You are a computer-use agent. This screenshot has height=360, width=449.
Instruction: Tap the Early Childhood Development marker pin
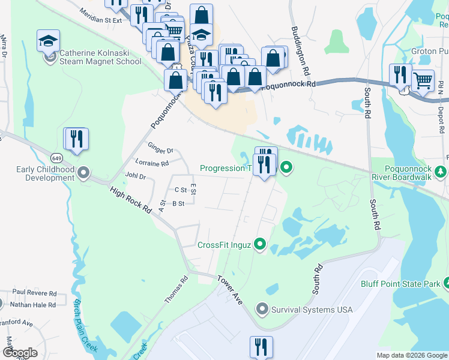(x=83, y=173)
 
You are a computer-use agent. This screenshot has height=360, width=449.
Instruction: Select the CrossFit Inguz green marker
(x=259, y=244)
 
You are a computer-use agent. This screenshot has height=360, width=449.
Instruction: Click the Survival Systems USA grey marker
(x=262, y=310)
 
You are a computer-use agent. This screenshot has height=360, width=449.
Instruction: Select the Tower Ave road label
(x=230, y=290)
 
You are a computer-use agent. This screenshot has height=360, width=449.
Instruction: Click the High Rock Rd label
(x=130, y=198)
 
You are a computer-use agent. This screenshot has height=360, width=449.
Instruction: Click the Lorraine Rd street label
(x=152, y=163)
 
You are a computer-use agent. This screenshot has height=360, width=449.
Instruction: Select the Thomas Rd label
(x=176, y=289)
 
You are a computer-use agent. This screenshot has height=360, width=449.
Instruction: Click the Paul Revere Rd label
(x=34, y=294)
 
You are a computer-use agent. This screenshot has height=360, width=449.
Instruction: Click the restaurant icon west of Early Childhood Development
(x=76, y=138)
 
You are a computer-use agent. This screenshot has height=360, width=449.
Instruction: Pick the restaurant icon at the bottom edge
(x=261, y=346)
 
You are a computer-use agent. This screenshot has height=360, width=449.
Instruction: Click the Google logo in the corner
(x=19, y=353)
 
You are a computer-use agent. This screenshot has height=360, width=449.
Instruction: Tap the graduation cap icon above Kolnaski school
(x=48, y=40)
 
